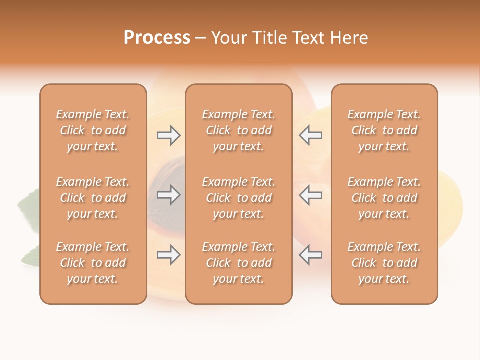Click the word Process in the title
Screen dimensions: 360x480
tap(157, 38)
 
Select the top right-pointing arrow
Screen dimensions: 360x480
tap(169, 135)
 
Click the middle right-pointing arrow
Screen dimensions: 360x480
tap(169, 195)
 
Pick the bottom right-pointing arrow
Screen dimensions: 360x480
tap(169, 255)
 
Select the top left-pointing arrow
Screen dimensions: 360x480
tap(310, 135)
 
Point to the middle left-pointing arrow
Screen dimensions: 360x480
tap(310, 195)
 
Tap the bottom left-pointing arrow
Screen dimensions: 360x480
tap(310, 255)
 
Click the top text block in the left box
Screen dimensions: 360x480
tap(93, 130)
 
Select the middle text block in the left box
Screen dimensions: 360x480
tap(93, 198)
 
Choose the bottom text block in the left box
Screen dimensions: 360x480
tap(93, 263)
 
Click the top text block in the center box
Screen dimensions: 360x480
tap(238, 130)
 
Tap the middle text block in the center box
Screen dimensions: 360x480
tap(238, 198)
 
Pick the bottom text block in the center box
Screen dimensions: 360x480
tap(238, 263)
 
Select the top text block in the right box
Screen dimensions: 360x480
tap(384, 130)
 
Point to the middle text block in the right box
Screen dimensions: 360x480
tap(384, 198)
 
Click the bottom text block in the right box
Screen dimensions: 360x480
tap(384, 263)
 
